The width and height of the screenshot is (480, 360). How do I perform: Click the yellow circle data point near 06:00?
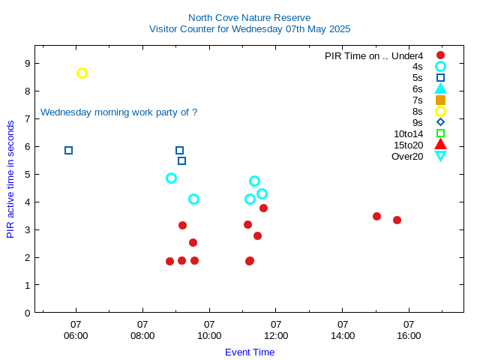tap(82, 73)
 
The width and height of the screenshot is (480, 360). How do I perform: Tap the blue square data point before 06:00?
tap(68, 150)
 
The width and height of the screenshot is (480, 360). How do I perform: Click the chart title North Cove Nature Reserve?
tap(249, 17)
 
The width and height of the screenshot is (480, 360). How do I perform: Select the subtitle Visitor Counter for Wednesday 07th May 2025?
tap(249, 29)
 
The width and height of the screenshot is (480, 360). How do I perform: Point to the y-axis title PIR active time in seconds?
tap(10, 178)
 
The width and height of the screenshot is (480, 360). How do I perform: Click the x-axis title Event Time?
tap(250, 352)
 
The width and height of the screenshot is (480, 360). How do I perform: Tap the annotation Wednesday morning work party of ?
tap(118, 112)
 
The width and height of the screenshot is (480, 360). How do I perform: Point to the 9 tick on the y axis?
tap(27, 63)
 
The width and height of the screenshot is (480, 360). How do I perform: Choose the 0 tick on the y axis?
tap(27, 313)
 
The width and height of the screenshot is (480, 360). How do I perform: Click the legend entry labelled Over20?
tap(407, 156)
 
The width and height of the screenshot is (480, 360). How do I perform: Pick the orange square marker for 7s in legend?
tap(440, 100)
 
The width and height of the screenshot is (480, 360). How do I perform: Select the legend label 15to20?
tap(408, 145)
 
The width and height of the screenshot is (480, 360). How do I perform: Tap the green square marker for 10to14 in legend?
tap(440, 133)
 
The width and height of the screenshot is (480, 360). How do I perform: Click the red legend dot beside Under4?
tap(440, 55)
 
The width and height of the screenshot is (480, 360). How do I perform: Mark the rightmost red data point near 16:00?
tap(397, 220)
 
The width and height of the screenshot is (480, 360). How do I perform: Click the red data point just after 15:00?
tap(376, 216)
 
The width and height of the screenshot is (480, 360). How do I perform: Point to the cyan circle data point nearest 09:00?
tap(171, 178)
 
